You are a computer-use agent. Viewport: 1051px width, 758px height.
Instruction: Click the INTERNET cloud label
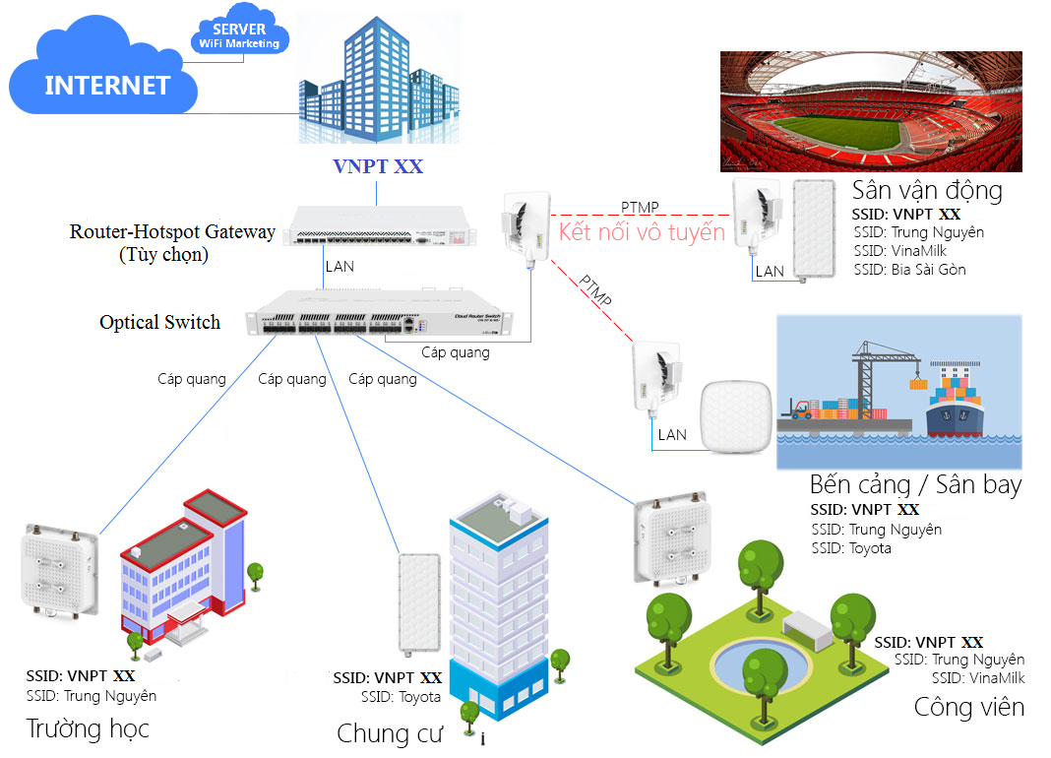tap(107, 85)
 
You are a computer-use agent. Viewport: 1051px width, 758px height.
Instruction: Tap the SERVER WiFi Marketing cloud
tap(239, 36)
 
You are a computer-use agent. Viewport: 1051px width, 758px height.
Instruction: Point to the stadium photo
tap(870, 112)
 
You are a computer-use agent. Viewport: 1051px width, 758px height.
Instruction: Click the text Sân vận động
tap(927, 190)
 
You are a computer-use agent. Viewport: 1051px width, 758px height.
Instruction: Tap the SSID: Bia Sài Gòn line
tap(909, 269)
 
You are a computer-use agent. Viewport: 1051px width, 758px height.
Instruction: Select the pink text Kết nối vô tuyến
tap(642, 233)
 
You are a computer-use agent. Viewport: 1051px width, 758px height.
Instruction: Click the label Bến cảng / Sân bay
tap(915, 484)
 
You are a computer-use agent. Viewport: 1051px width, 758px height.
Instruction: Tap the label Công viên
tap(968, 707)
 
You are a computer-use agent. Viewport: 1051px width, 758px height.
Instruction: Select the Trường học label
tap(88, 728)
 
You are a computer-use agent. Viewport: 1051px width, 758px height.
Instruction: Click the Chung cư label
tap(390, 733)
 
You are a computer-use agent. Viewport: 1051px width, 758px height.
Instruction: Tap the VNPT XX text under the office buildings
tap(378, 166)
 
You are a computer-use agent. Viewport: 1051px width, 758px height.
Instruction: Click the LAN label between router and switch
tap(340, 266)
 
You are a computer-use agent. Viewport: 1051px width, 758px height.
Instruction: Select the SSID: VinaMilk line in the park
tap(977, 678)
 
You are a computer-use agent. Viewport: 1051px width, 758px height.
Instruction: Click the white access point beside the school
tap(59, 571)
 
